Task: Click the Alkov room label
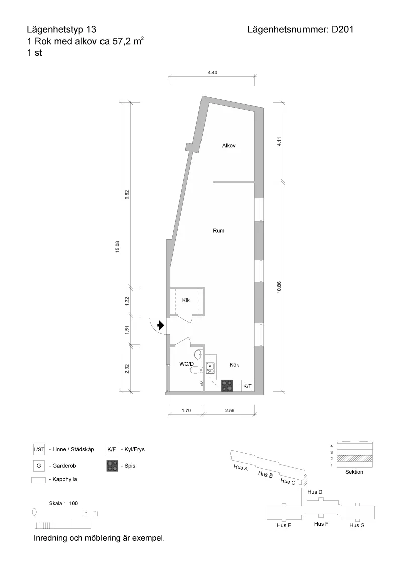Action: tap(229, 145)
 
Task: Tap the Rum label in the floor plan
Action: tap(219, 230)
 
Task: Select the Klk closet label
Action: tap(186, 300)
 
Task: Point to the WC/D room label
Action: tap(187, 364)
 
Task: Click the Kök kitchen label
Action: tap(234, 365)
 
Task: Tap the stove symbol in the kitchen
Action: tap(227, 386)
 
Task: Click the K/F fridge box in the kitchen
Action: tap(247, 386)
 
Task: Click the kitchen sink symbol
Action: tap(210, 368)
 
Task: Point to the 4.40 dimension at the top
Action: tap(212, 72)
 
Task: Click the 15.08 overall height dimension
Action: tap(117, 247)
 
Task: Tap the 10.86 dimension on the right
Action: tap(279, 287)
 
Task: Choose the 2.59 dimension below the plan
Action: tap(229, 411)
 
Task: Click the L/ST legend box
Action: tap(39, 449)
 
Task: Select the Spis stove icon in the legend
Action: tap(112, 466)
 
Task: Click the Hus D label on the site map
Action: tap(315, 492)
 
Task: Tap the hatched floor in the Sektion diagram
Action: tap(354, 459)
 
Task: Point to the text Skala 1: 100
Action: tap(63, 503)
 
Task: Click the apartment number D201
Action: tap(343, 29)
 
